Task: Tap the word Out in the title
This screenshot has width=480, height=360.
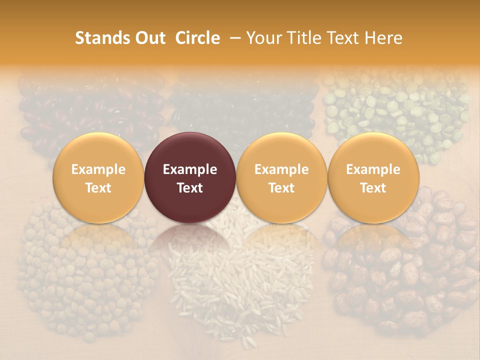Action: click(148, 38)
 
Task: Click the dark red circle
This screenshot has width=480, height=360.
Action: click(190, 178)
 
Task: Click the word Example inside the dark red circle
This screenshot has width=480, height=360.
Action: click(190, 169)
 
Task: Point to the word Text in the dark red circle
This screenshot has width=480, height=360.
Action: click(190, 188)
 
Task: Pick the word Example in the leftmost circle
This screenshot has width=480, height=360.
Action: click(98, 169)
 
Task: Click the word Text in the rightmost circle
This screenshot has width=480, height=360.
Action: click(373, 188)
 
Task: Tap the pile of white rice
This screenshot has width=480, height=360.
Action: click(235, 280)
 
